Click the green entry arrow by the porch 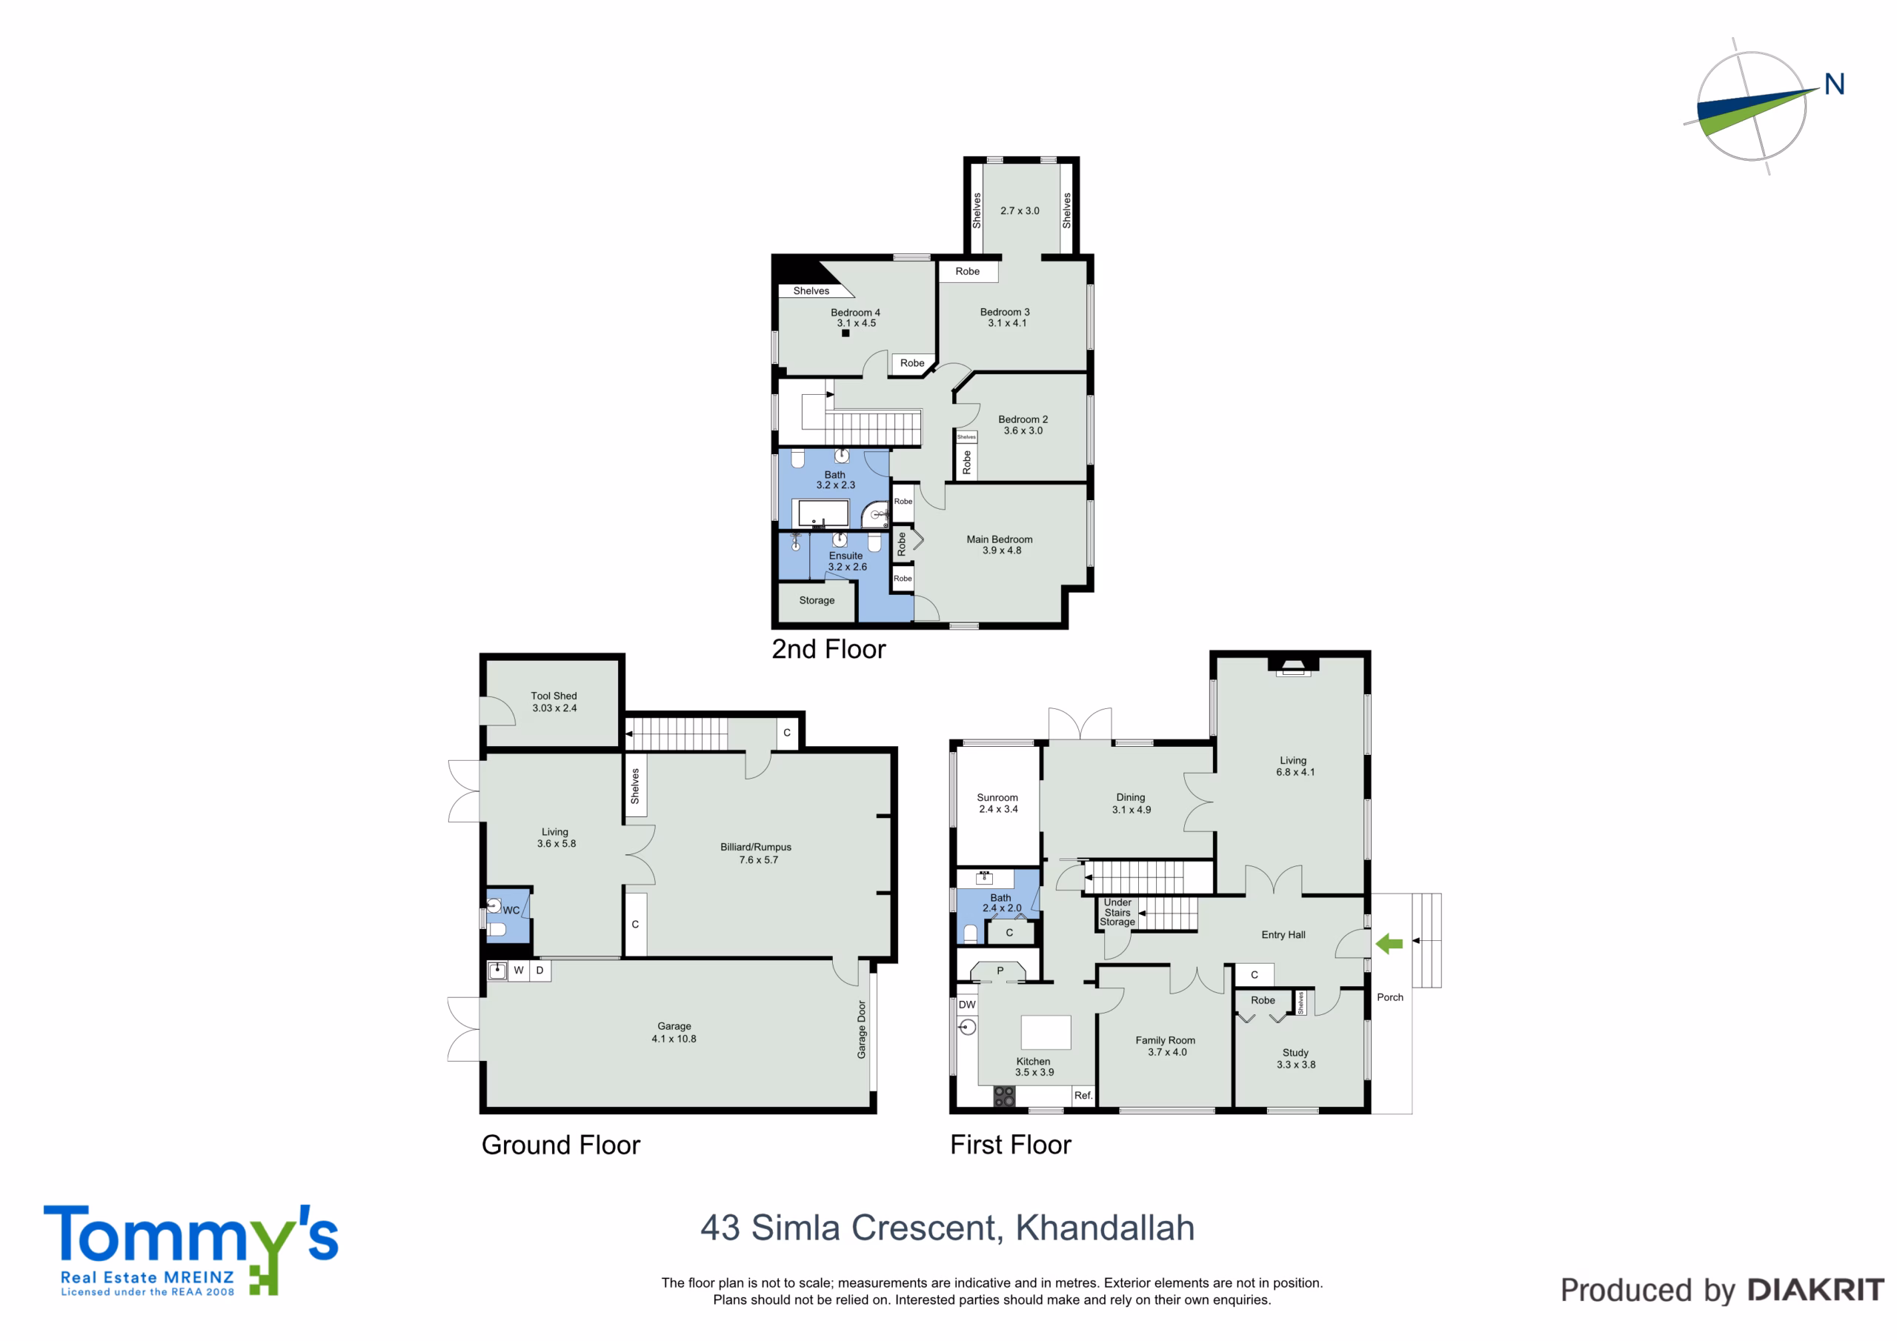pos(1389,944)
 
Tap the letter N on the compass pos(1834,84)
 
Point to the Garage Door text pos(862,1030)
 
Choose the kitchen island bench pos(1046,1032)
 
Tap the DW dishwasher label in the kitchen pos(967,1005)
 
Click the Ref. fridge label pos(1083,1096)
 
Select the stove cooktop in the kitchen pos(1004,1097)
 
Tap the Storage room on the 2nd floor pos(817,602)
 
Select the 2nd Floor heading pos(828,650)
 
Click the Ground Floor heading pos(561,1145)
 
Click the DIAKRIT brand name pos(1816,1291)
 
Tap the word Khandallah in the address pos(1105,1228)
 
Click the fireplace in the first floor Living pos(1293,666)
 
